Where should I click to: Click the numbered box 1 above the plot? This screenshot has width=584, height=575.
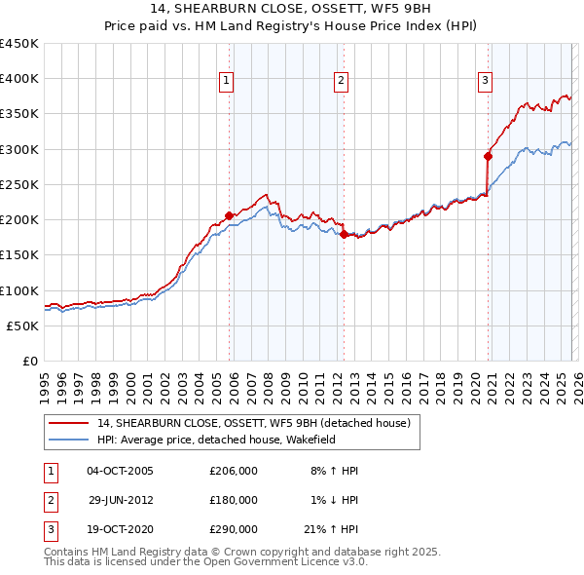click(225, 82)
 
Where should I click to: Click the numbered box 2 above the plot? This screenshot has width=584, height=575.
click(342, 82)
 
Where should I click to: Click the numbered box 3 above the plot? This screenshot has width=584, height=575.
click(485, 82)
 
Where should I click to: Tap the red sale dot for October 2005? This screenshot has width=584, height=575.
click(230, 215)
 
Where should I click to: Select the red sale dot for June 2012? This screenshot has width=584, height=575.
click(345, 234)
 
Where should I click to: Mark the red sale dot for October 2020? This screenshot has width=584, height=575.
click(488, 156)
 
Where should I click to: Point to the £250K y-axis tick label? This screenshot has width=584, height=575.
click(19, 185)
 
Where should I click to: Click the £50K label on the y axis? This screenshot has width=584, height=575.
click(23, 326)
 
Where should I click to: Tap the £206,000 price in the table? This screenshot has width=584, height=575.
click(234, 471)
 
